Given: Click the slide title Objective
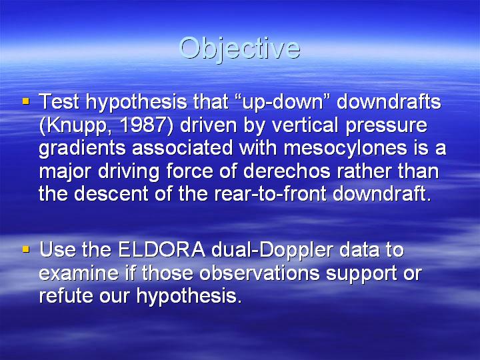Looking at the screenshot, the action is pyautogui.click(x=239, y=49).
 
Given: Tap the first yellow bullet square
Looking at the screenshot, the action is pyautogui.click(x=26, y=101).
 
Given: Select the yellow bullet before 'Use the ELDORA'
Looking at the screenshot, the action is pyautogui.click(x=26, y=249).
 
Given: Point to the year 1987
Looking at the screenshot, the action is pyautogui.click(x=143, y=125).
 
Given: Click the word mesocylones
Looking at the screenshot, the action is pyautogui.click(x=345, y=149).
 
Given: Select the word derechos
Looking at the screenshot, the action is pyautogui.click(x=287, y=171).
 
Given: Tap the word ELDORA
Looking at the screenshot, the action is pyautogui.click(x=161, y=250).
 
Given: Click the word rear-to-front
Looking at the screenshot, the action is pyautogui.click(x=270, y=193).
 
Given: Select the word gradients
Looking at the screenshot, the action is pyautogui.click(x=82, y=149).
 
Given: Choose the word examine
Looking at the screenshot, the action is pyautogui.click(x=79, y=273).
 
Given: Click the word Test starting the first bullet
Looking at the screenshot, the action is pyautogui.click(x=59, y=101).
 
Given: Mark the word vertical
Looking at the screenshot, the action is pyautogui.click(x=305, y=125).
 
